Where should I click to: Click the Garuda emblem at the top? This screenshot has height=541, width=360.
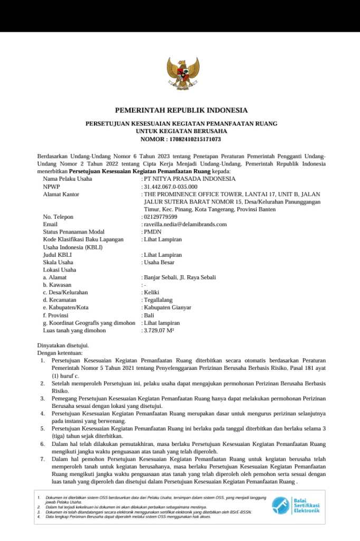click(183, 74)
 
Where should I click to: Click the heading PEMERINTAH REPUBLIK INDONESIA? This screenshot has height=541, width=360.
click(181, 110)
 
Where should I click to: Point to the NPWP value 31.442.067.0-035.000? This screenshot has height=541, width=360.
click(170, 186)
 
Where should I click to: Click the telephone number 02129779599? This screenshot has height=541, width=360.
click(161, 217)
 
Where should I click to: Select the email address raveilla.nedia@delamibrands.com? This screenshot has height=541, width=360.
click(185, 224)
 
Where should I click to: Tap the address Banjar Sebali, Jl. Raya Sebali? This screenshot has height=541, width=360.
click(179, 277)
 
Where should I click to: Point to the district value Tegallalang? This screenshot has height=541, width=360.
click(158, 300)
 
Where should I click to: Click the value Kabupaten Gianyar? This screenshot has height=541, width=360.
click(167, 307)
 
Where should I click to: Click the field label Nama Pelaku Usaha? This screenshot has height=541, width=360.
click(68, 179)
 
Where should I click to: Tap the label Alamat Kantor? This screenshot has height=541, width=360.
click(61, 194)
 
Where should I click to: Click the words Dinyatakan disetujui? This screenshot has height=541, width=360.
click(63, 346)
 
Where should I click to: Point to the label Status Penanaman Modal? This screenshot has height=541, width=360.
click(73, 232)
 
